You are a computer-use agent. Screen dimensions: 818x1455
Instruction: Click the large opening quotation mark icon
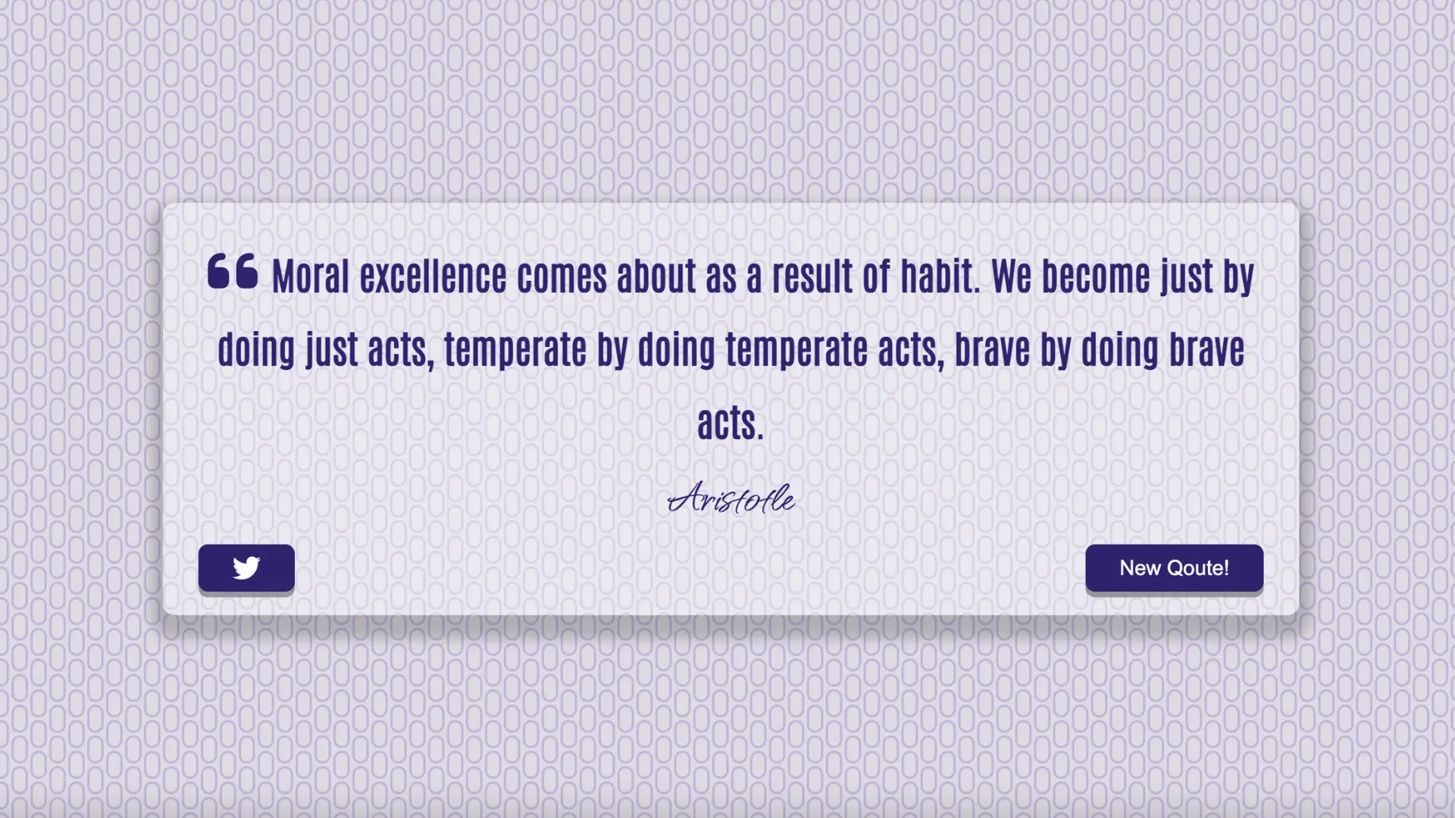pyautogui.click(x=233, y=271)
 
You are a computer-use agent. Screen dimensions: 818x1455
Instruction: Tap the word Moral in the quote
pyautogui.click(x=311, y=276)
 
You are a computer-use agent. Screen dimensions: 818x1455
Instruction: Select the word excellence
pyautogui.click(x=433, y=276)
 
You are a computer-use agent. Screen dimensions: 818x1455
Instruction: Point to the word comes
pyautogui.click(x=562, y=276)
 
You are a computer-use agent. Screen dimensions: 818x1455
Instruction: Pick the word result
pyautogui.click(x=812, y=276)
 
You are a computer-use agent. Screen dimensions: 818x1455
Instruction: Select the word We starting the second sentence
pyautogui.click(x=1011, y=276)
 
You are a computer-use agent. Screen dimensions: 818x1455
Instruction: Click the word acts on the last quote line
pyautogui.click(x=731, y=423)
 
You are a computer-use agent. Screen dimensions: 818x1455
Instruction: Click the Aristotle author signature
pyautogui.click(x=731, y=498)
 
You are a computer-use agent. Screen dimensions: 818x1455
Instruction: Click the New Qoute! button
pyautogui.click(x=1174, y=568)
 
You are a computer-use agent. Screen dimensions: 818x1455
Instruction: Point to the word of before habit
pyautogui.click(x=875, y=276)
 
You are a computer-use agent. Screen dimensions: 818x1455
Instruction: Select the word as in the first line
pyautogui.click(x=721, y=278)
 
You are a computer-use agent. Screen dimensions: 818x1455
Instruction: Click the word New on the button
pyautogui.click(x=1140, y=568)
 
